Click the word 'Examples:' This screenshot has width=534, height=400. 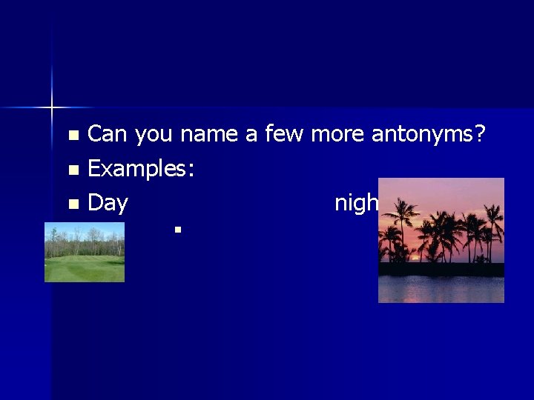pos(141,170)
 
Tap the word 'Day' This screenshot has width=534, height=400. pos(108,204)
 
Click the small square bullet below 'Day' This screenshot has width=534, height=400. pos(178,230)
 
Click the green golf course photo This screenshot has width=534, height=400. pos(84,254)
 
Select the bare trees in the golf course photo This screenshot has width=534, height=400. pos(84,237)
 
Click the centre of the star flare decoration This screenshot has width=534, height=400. pos(52,108)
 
